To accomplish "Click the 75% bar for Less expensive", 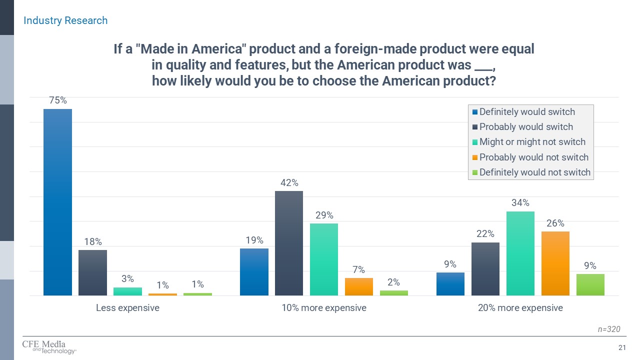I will [x=57, y=202].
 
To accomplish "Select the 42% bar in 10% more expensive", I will [x=288, y=243].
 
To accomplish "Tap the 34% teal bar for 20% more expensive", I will [x=520, y=253].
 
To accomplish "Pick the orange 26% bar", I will [x=555, y=263].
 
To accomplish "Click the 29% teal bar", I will [x=323, y=259].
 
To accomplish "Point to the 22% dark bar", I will [x=485, y=268].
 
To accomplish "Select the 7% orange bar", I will [x=358, y=286].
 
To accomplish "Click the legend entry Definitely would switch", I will [x=527, y=112].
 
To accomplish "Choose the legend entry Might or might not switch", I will [x=532, y=142].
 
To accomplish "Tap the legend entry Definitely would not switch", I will [x=535, y=172].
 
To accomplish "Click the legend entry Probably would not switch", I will [x=533, y=157].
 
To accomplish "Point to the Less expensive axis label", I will [x=127, y=308].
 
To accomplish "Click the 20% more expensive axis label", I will [x=520, y=308].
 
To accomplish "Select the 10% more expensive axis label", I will [x=324, y=308].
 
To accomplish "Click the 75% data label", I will [x=57, y=100].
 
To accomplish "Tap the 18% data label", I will [x=93, y=242].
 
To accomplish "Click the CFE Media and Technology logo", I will [x=49, y=347].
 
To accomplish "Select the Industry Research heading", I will [x=65, y=20].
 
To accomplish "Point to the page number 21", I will [x=622, y=347].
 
